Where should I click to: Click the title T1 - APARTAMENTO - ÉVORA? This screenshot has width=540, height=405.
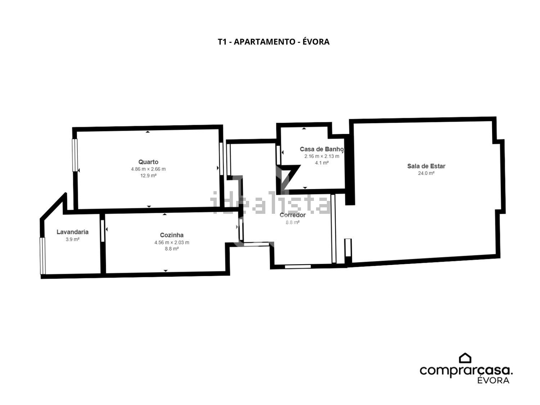[273, 42]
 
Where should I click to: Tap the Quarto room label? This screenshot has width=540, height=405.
[148, 162]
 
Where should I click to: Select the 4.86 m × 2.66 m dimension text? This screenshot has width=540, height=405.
[148, 169]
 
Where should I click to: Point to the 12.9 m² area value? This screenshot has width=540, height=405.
[148, 176]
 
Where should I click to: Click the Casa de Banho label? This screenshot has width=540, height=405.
[321, 149]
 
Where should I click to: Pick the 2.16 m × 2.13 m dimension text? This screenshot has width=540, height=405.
[321, 156]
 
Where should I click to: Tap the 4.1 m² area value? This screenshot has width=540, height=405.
[321, 163]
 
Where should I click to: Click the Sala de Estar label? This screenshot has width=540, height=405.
[426, 166]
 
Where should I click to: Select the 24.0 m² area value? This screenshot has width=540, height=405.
[426, 173]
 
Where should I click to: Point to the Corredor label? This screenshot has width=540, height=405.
[292, 215]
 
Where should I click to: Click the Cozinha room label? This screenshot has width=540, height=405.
[171, 235]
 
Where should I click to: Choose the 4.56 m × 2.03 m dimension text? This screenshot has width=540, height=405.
[171, 242]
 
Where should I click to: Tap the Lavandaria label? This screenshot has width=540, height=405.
[72, 232]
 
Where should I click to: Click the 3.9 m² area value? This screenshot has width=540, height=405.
[72, 239]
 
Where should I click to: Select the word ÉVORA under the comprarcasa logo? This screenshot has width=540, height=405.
[493, 381]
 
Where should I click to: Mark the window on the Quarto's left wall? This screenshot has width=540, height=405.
[75, 155]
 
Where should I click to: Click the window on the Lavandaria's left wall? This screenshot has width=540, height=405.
[42, 256]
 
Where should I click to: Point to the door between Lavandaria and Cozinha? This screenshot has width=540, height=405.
[103, 231]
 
